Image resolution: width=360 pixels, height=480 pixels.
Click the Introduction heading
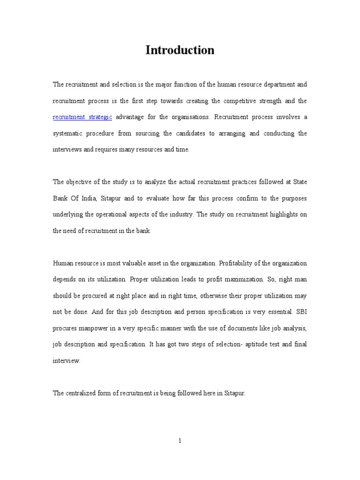[180, 50]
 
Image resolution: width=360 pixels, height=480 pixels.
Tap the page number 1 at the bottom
[180, 441]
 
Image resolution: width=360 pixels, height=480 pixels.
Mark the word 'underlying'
[67, 215]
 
